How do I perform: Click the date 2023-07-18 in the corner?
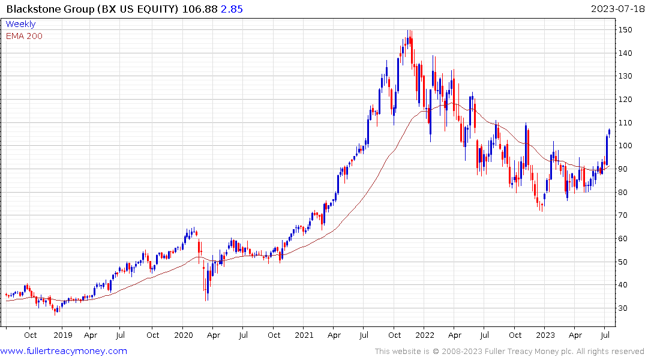point(616,9)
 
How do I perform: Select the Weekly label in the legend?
point(20,25)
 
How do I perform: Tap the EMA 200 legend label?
point(24,36)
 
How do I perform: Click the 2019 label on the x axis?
point(62,335)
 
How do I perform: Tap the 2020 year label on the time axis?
point(183,335)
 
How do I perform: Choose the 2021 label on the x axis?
point(304,335)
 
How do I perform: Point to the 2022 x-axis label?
point(424,335)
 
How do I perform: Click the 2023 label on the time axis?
point(545,335)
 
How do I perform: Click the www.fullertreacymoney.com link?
point(64,352)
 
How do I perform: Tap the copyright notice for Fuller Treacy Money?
point(509,352)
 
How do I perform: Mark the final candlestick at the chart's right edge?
point(610,131)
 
